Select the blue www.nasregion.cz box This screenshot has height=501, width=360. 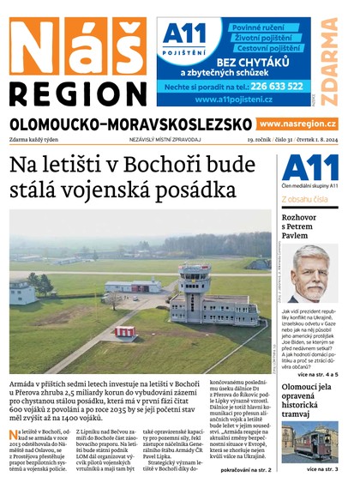coord(297,124)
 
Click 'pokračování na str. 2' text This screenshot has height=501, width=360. coord(246,471)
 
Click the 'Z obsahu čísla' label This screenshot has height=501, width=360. coord(309,199)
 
